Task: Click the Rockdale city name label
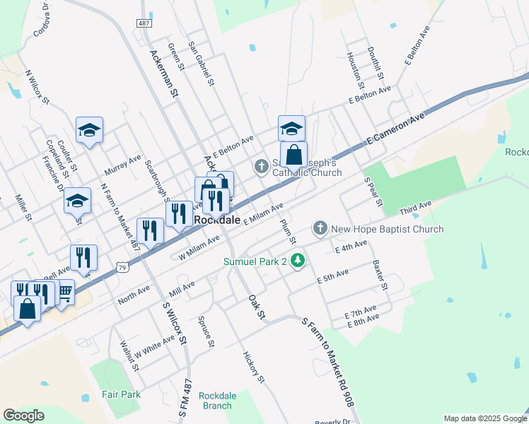pyautogui.click(x=216, y=220)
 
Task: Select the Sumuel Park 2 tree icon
pyautogui.click(x=298, y=261)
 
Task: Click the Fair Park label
pyautogui.click(x=121, y=394)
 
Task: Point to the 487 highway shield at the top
pyautogui.click(x=144, y=23)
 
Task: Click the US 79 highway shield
pyautogui.click(x=123, y=268)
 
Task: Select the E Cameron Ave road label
pyautogui.click(x=395, y=129)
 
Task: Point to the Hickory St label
pyautogui.click(x=253, y=367)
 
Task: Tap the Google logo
pyautogui.click(x=23, y=416)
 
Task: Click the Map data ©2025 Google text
pyautogui.click(x=485, y=418)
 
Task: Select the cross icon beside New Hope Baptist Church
pyautogui.click(x=320, y=228)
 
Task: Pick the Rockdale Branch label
pyautogui.click(x=216, y=400)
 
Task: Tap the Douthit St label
pyautogui.click(x=376, y=63)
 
